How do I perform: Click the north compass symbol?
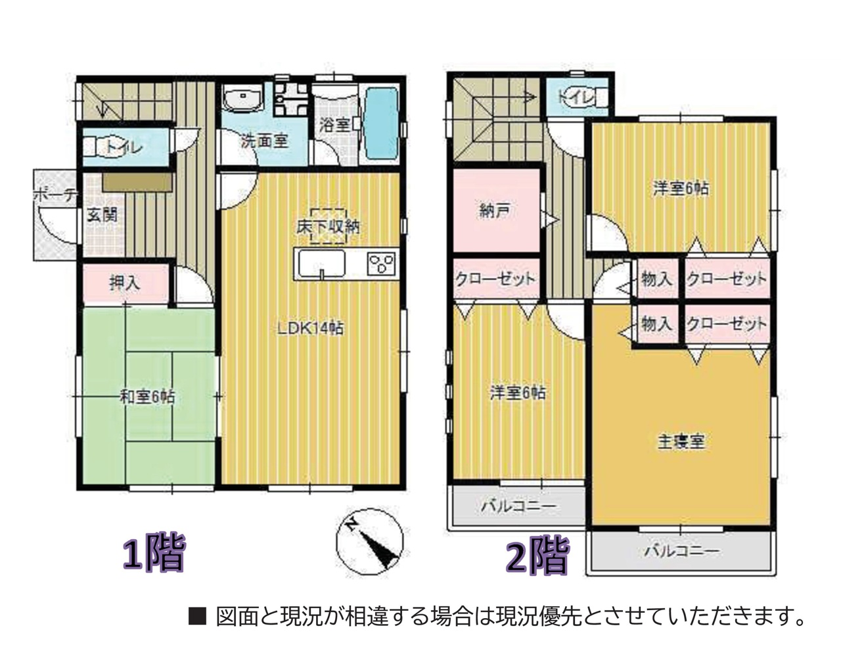pos(369,541)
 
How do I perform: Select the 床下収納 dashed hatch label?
pos(329,227)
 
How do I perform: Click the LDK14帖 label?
pos(310,329)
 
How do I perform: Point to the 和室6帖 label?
pos(147,397)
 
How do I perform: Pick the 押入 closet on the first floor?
pos(125,283)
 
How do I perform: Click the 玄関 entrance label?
pos(102,215)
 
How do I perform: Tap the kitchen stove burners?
pos(381,263)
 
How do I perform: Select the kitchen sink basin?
pos(321,263)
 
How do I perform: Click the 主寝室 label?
pos(681,442)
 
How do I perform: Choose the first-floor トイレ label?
pos(125,147)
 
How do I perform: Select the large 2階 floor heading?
pos(537,555)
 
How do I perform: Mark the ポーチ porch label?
pos(55,195)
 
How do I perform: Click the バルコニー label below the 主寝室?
pos(682,551)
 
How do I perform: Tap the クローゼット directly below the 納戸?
pos(497,278)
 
